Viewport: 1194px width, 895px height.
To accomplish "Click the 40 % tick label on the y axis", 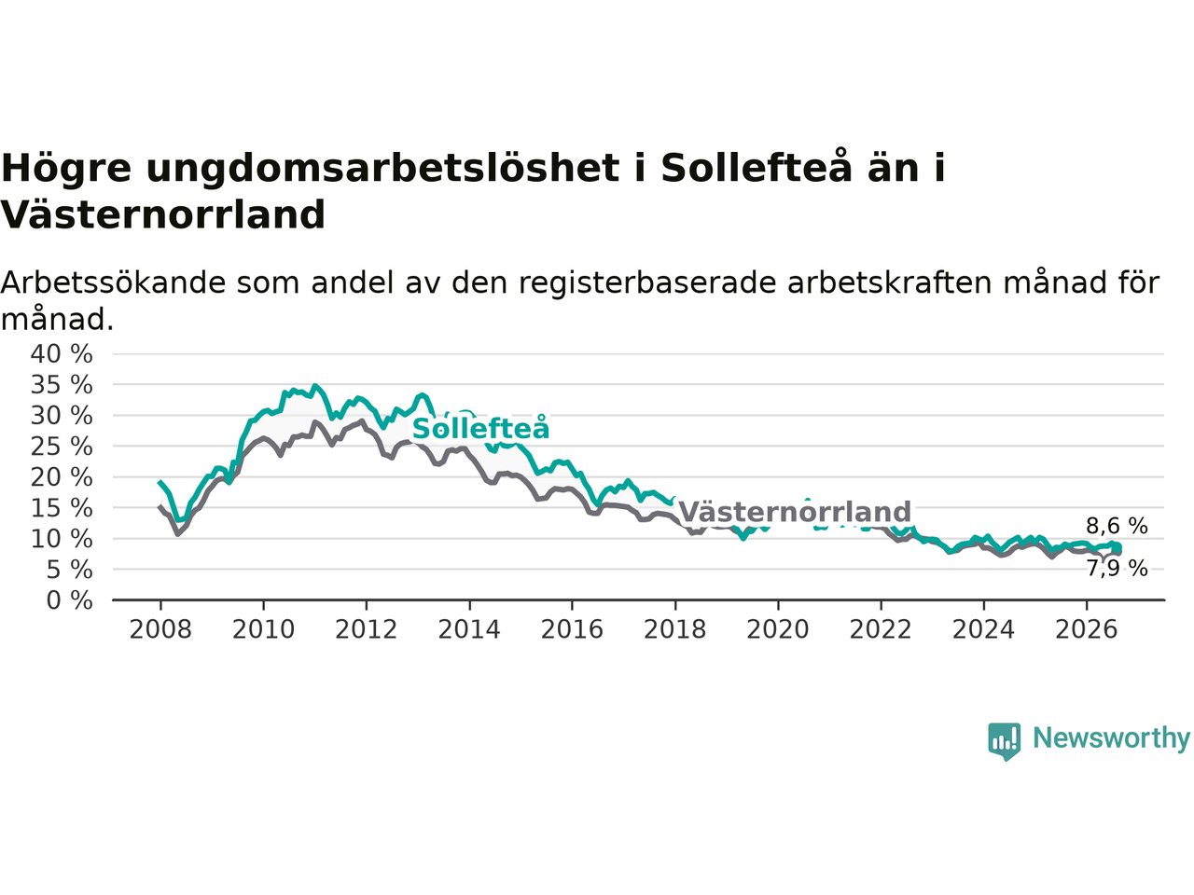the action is pyautogui.click(x=62, y=354).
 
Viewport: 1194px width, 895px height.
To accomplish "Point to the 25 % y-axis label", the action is pyautogui.click(x=62, y=447).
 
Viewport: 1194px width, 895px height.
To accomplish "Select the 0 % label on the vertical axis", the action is pyautogui.click(x=70, y=601).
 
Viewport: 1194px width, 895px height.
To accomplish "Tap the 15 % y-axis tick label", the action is pyautogui.click(x=62, y=509).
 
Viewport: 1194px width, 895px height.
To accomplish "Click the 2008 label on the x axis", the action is pyautogui.click(x=160, y=630).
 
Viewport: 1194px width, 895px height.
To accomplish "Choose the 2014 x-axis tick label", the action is pyautogui.click(x=469, y=630).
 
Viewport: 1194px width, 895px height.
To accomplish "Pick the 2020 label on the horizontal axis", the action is pyautogui.click(x=778, y=630).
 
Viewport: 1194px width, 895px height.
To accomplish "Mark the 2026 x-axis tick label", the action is pyautogui.click(x=1087, y=630).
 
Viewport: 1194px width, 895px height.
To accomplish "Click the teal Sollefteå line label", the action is pyautogui.click(x=480, y=428).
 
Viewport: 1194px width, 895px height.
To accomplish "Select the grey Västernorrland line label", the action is pyautogui.click(x=795, y=512).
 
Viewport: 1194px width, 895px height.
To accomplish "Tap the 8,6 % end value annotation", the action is pyautogui.click(x=1117, y=526).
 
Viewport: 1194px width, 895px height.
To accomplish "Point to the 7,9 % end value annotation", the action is pyautogui.click(x=1117, y=569).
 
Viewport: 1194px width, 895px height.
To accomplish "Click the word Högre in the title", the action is pyautogui.click(x=66, y=170).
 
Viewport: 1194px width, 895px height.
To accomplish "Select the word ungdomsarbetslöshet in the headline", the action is pyautogui.click(x=383, y=169).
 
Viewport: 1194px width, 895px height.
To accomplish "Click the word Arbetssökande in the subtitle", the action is pyautogui.click(x=113, y=284).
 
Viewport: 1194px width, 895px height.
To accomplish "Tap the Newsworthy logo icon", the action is pyautogui.click(x=1004, y=741).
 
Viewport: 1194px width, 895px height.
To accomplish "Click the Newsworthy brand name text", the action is pyautogui.click(x=1111, y=738).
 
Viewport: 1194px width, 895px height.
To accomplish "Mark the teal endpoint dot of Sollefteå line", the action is pyautogui.click(x=1117, y=547).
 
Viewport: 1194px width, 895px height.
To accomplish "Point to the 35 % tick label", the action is pyautogui.click(x=62, y=385).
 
